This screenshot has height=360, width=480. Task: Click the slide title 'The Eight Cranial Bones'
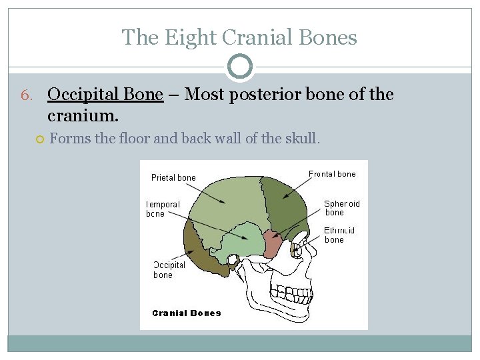[239, 37]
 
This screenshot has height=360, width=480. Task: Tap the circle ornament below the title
[240, 67]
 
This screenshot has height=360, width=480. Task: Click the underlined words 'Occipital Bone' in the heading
[105, 95]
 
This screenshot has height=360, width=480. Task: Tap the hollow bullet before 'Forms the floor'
[40, 139]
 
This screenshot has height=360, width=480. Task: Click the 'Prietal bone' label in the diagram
[173, 177]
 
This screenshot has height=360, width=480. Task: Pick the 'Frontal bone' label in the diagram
[332, 174]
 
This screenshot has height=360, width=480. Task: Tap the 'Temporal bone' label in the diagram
[163, 209]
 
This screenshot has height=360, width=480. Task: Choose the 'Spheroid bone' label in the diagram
[341, 208]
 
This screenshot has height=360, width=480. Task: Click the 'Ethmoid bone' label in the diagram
[339, 235]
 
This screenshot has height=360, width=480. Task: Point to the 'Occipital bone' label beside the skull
[169, 269]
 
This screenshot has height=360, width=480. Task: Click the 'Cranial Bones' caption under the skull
[187, 313]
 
